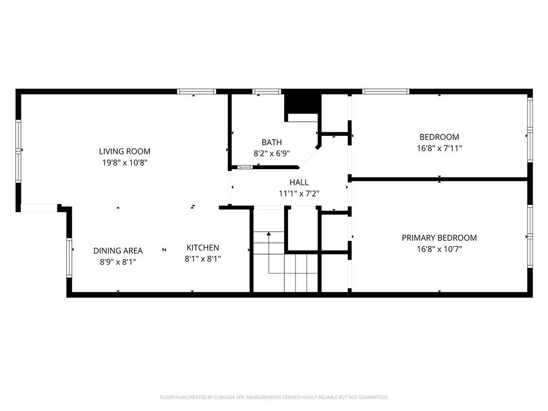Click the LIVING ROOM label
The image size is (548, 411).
(x=124, y=151)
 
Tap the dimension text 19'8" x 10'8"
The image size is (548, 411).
(x=125, y=163)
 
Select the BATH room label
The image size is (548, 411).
(x=271, y=142)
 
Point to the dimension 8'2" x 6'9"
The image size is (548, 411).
(x=271, y=154)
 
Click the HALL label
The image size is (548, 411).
(x=299, y=182)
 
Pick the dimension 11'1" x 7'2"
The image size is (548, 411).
(x=299, y=193)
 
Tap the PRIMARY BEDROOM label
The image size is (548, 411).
(x=439, y=238)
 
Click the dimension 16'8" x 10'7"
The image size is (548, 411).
(x=439, y=249)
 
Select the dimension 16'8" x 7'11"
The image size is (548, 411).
(x=439, y=148)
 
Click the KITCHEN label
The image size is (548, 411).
(x=203, y=247)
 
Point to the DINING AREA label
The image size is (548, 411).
(x=118, y=250)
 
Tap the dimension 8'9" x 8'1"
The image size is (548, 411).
(x=118, y=262)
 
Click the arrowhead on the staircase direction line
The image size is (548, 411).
(x=269, y=233)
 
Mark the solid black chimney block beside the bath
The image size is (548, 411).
(x=303, y=102)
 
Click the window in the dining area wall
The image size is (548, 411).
(x=69, y=257)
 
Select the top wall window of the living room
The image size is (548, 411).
(x=196, y=92)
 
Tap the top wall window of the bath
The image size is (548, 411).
(x=267, y=92)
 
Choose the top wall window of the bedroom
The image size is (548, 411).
(x=385, y=92)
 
